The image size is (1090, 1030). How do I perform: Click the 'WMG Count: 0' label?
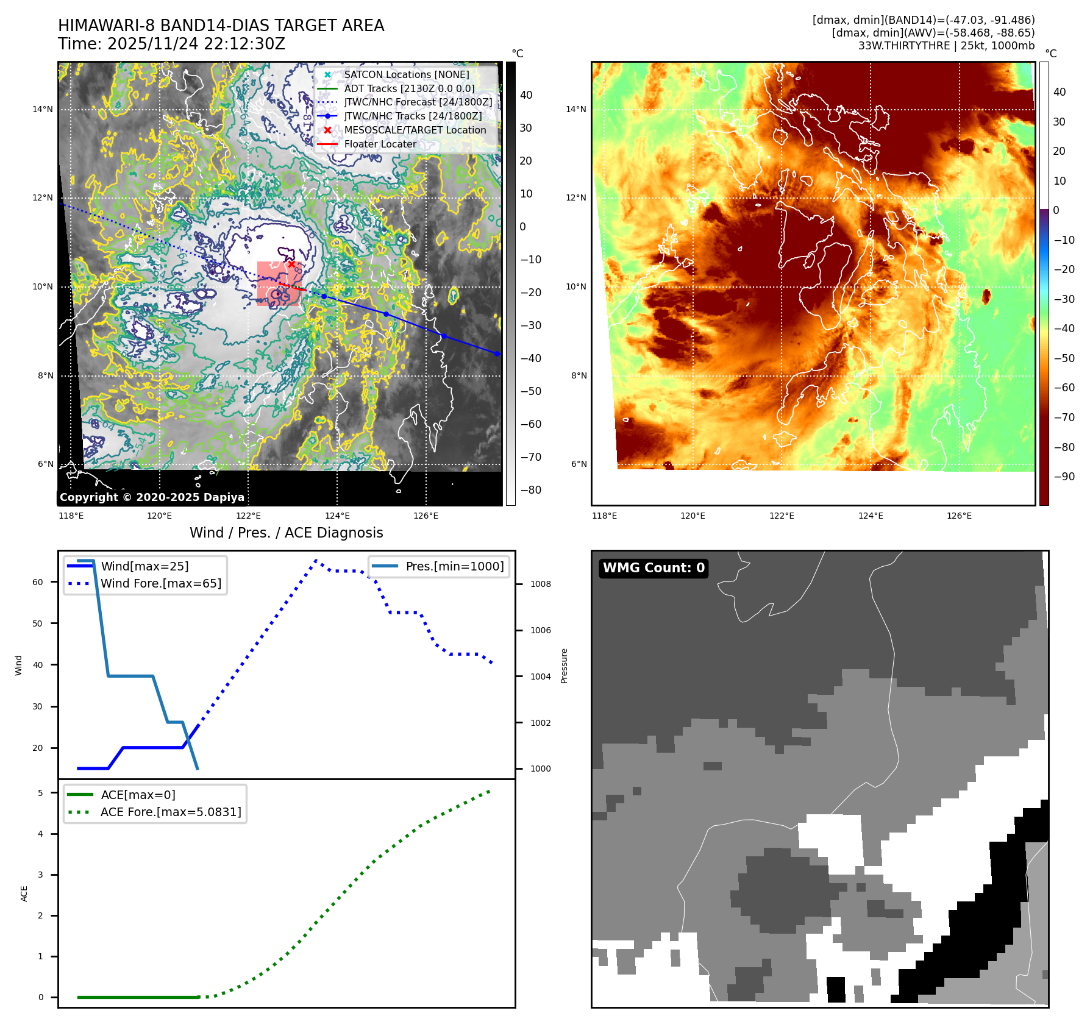tap(654, 568)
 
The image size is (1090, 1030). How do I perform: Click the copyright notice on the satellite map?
tap(152, 497)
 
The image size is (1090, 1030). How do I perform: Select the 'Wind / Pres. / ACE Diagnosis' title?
tap(287, 533)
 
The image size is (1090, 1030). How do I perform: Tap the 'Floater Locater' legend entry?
tap(380, 144)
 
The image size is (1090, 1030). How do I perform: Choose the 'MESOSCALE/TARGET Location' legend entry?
tap(415, 130)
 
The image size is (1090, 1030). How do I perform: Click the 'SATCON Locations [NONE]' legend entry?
tap(406, 75)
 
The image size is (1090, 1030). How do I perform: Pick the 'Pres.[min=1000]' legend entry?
tap(454, 566)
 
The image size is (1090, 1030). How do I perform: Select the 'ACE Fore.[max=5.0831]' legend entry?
tap(170, 812)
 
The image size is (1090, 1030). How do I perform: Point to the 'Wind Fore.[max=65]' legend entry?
tap(160, 583)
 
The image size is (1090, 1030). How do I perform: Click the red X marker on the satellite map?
tap(292, 265)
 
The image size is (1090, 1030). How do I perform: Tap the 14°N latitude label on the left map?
tap(43, 110)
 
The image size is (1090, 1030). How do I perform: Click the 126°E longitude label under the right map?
tap(959, 516)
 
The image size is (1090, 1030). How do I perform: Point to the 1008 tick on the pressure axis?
tap(540, 584)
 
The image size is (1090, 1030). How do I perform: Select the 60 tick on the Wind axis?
tap(38, 582)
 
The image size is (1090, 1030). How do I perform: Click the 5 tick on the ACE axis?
tap(40, 793)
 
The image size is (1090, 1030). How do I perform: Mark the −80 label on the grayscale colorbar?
tap(530, 490)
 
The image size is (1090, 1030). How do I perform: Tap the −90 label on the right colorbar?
tap(1064, 477)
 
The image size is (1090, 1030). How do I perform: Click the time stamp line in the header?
tap(171, 44)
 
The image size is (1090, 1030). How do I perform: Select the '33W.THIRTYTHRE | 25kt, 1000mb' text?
tap(946, 46)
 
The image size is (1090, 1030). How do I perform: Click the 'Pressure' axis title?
tap(564, 666)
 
